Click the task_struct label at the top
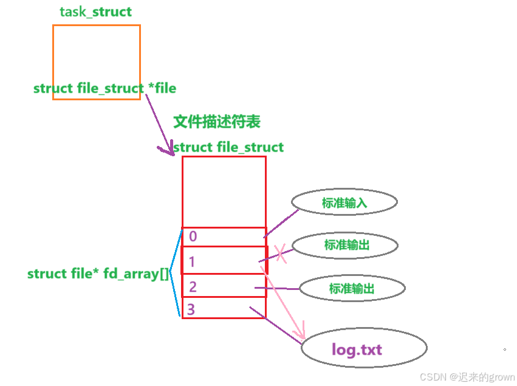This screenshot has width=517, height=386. (x=95, y=12)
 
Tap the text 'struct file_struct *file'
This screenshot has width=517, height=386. (x=104, y=89)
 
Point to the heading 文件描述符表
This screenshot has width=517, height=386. (x=217, y=122)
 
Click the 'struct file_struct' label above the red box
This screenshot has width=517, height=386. (x=228, y=147)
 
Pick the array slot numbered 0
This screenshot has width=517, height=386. (x=224, y=236)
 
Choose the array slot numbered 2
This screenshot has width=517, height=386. (x=224, y=286)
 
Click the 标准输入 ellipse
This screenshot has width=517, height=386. (x=344, y=202)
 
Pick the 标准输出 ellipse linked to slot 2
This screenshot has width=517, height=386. (x=352, y=288)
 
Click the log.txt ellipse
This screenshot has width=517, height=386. (x=365, y=350)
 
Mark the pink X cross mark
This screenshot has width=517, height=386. (x=281, y=254)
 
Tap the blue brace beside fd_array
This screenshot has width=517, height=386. (x=175, y=273)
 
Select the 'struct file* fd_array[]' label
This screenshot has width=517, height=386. (x=98, y=274)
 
